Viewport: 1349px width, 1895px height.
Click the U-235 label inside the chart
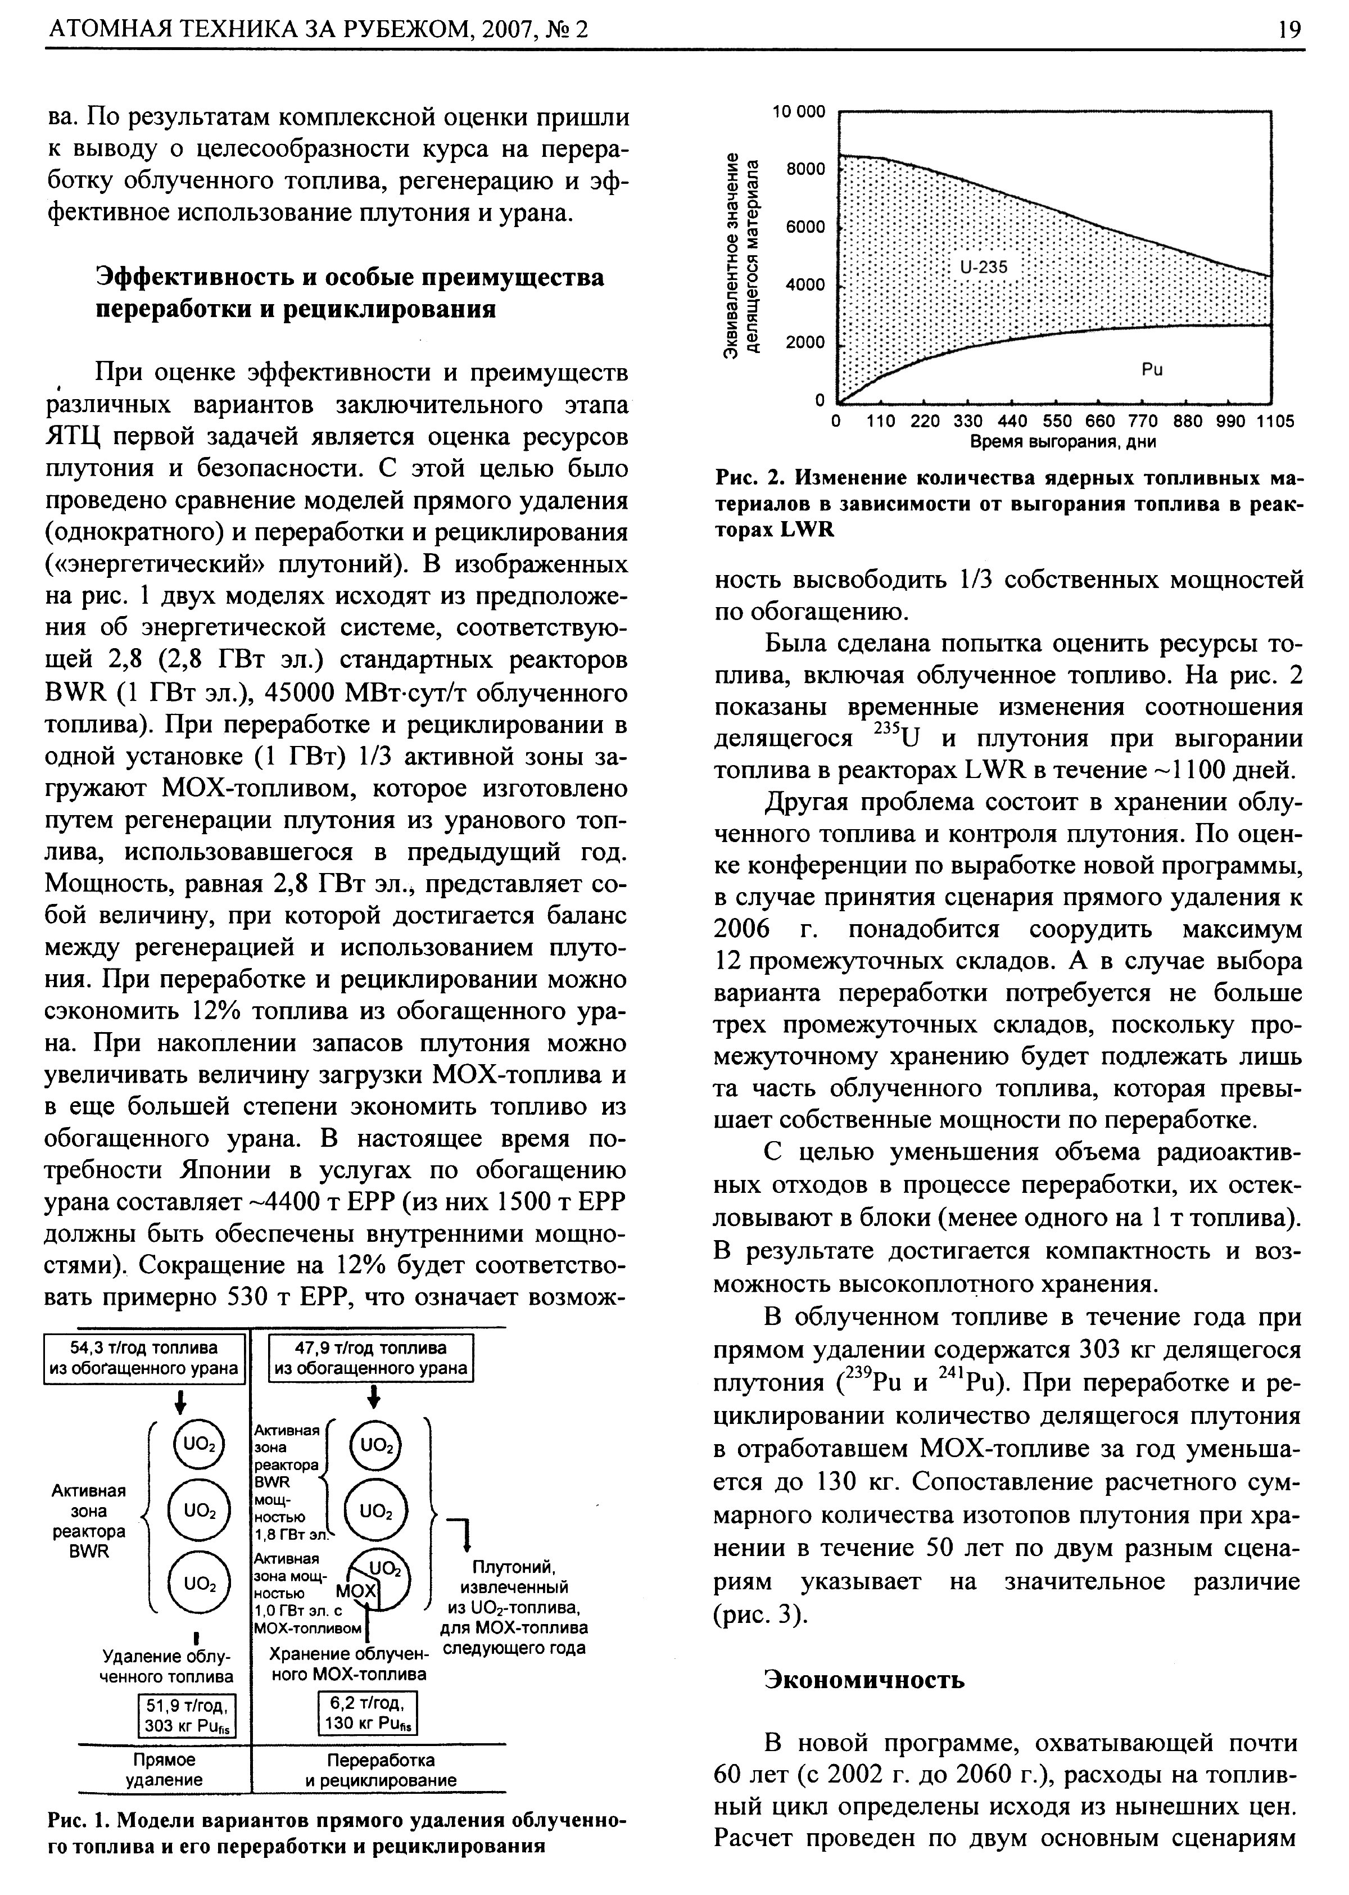coord(984,268)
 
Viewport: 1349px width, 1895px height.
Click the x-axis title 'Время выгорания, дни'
coord(1063,442)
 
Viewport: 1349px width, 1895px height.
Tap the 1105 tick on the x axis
coord(1275,420)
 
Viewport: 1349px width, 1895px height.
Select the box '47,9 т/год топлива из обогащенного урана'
coord(370,1358)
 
